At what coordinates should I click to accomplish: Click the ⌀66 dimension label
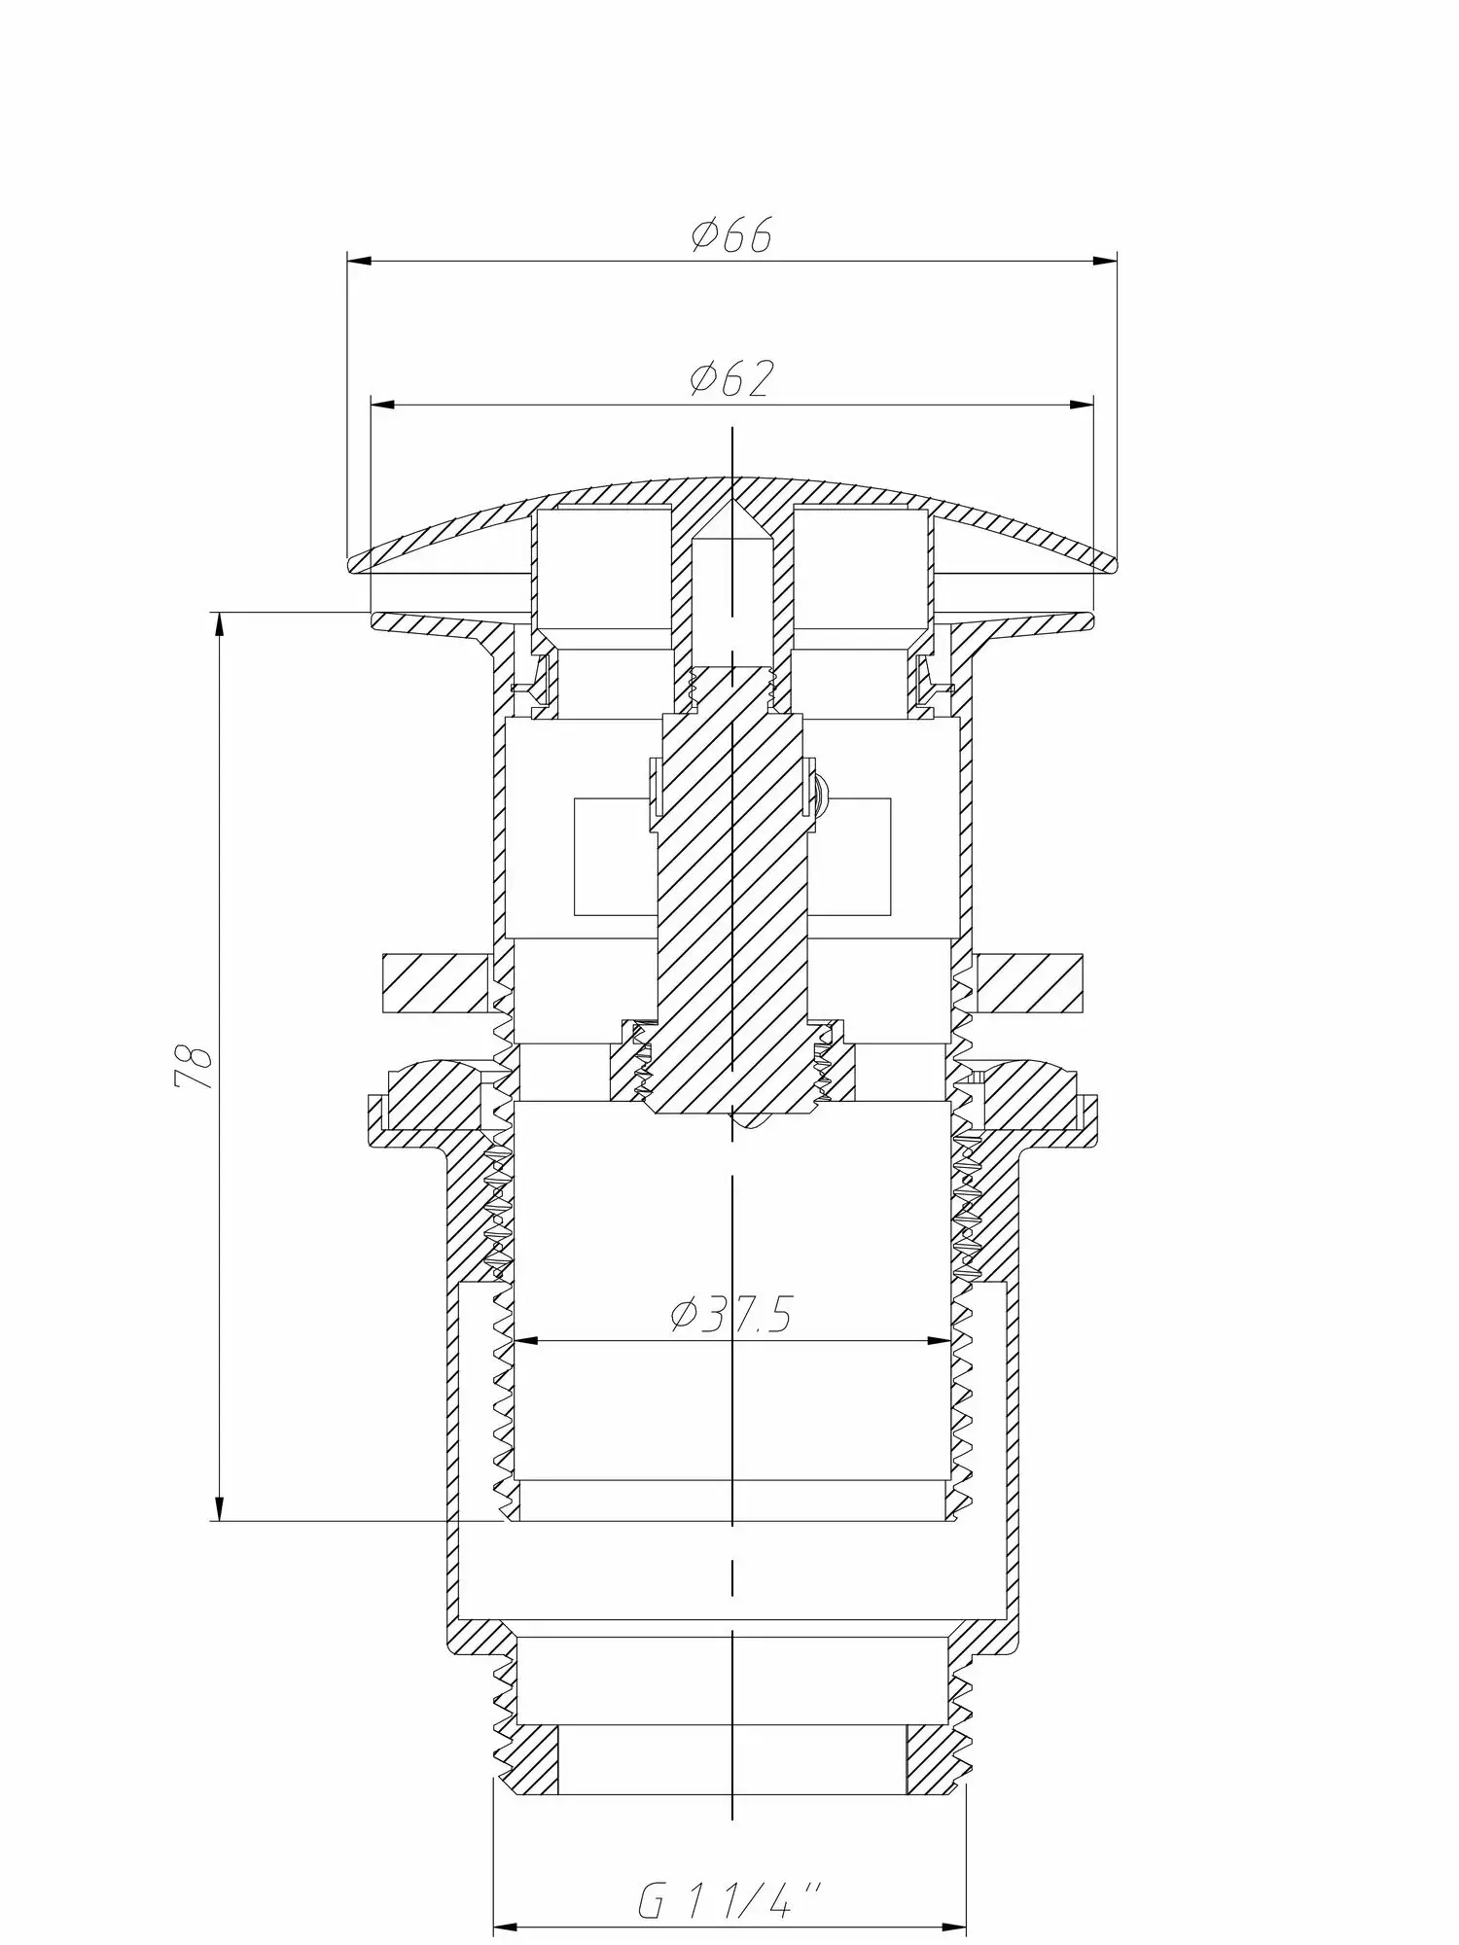(731, 234)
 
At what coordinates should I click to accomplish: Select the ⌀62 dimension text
(731, 378)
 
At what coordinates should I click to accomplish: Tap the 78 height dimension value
(193, 1067)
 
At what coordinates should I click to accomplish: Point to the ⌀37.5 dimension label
(730, 1316)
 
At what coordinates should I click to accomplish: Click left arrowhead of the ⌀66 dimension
(360, 261)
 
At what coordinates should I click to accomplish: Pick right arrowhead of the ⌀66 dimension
(1104, 261)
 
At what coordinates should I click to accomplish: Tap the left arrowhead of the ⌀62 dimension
(383, 405)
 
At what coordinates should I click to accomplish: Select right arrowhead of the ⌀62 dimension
(1081, 405)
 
